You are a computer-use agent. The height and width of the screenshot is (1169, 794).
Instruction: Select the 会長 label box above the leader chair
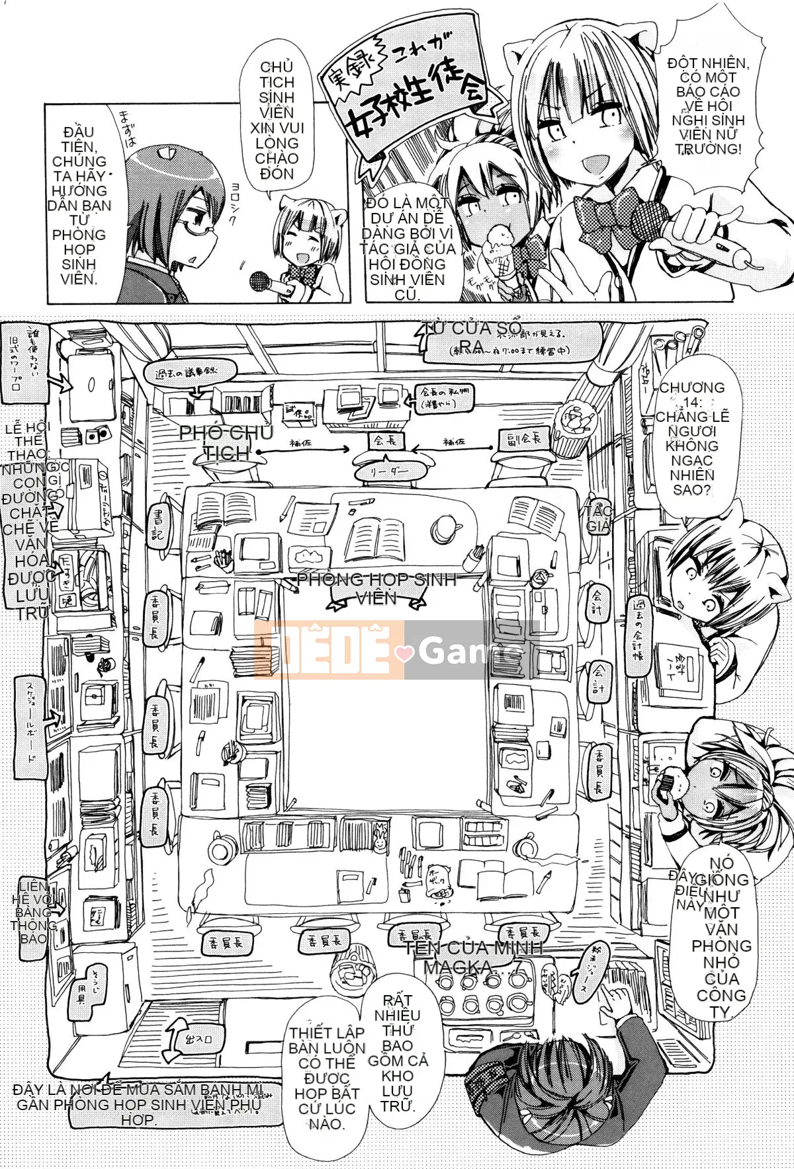click(x=385, y=440)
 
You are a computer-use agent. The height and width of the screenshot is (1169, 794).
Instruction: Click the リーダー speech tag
click(x=389, y=471)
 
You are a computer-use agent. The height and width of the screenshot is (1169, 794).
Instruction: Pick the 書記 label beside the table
click(x=158, y=523)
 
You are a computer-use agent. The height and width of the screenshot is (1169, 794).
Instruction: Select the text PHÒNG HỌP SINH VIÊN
click(x=376, y=588)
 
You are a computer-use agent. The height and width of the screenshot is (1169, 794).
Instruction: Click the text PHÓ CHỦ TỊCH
click(x=226, y=442)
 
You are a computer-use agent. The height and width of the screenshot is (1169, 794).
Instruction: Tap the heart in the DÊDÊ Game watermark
click(x=404, y=653)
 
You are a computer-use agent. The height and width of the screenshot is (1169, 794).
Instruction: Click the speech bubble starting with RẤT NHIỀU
click(x=397, y=1051)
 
